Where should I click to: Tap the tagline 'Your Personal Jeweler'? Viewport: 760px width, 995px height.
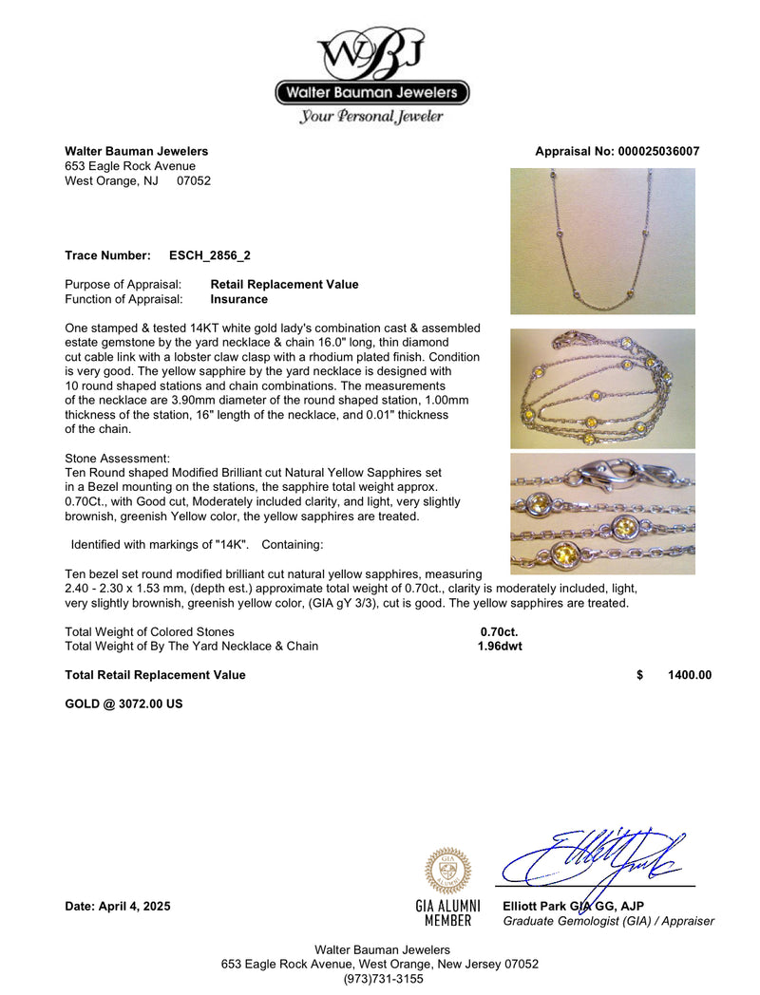371,117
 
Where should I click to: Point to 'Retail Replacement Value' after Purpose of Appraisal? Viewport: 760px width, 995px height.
284,284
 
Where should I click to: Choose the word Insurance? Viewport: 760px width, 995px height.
238,299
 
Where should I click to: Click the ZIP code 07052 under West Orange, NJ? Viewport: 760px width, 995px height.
194,180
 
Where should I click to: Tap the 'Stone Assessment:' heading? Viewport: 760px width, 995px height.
118,458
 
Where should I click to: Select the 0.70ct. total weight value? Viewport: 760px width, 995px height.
499,631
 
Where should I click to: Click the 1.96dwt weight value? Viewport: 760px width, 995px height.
499,647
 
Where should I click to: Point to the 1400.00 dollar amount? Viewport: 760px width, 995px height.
690,675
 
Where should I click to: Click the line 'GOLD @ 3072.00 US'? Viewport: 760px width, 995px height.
123,704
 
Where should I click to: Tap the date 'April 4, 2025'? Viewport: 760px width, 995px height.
135,907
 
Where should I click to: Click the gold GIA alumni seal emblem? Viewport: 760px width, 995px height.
446,871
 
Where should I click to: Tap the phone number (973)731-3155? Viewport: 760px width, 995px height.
380,979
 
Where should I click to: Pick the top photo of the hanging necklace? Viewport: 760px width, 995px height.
602,241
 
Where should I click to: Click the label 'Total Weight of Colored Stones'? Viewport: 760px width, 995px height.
149,631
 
